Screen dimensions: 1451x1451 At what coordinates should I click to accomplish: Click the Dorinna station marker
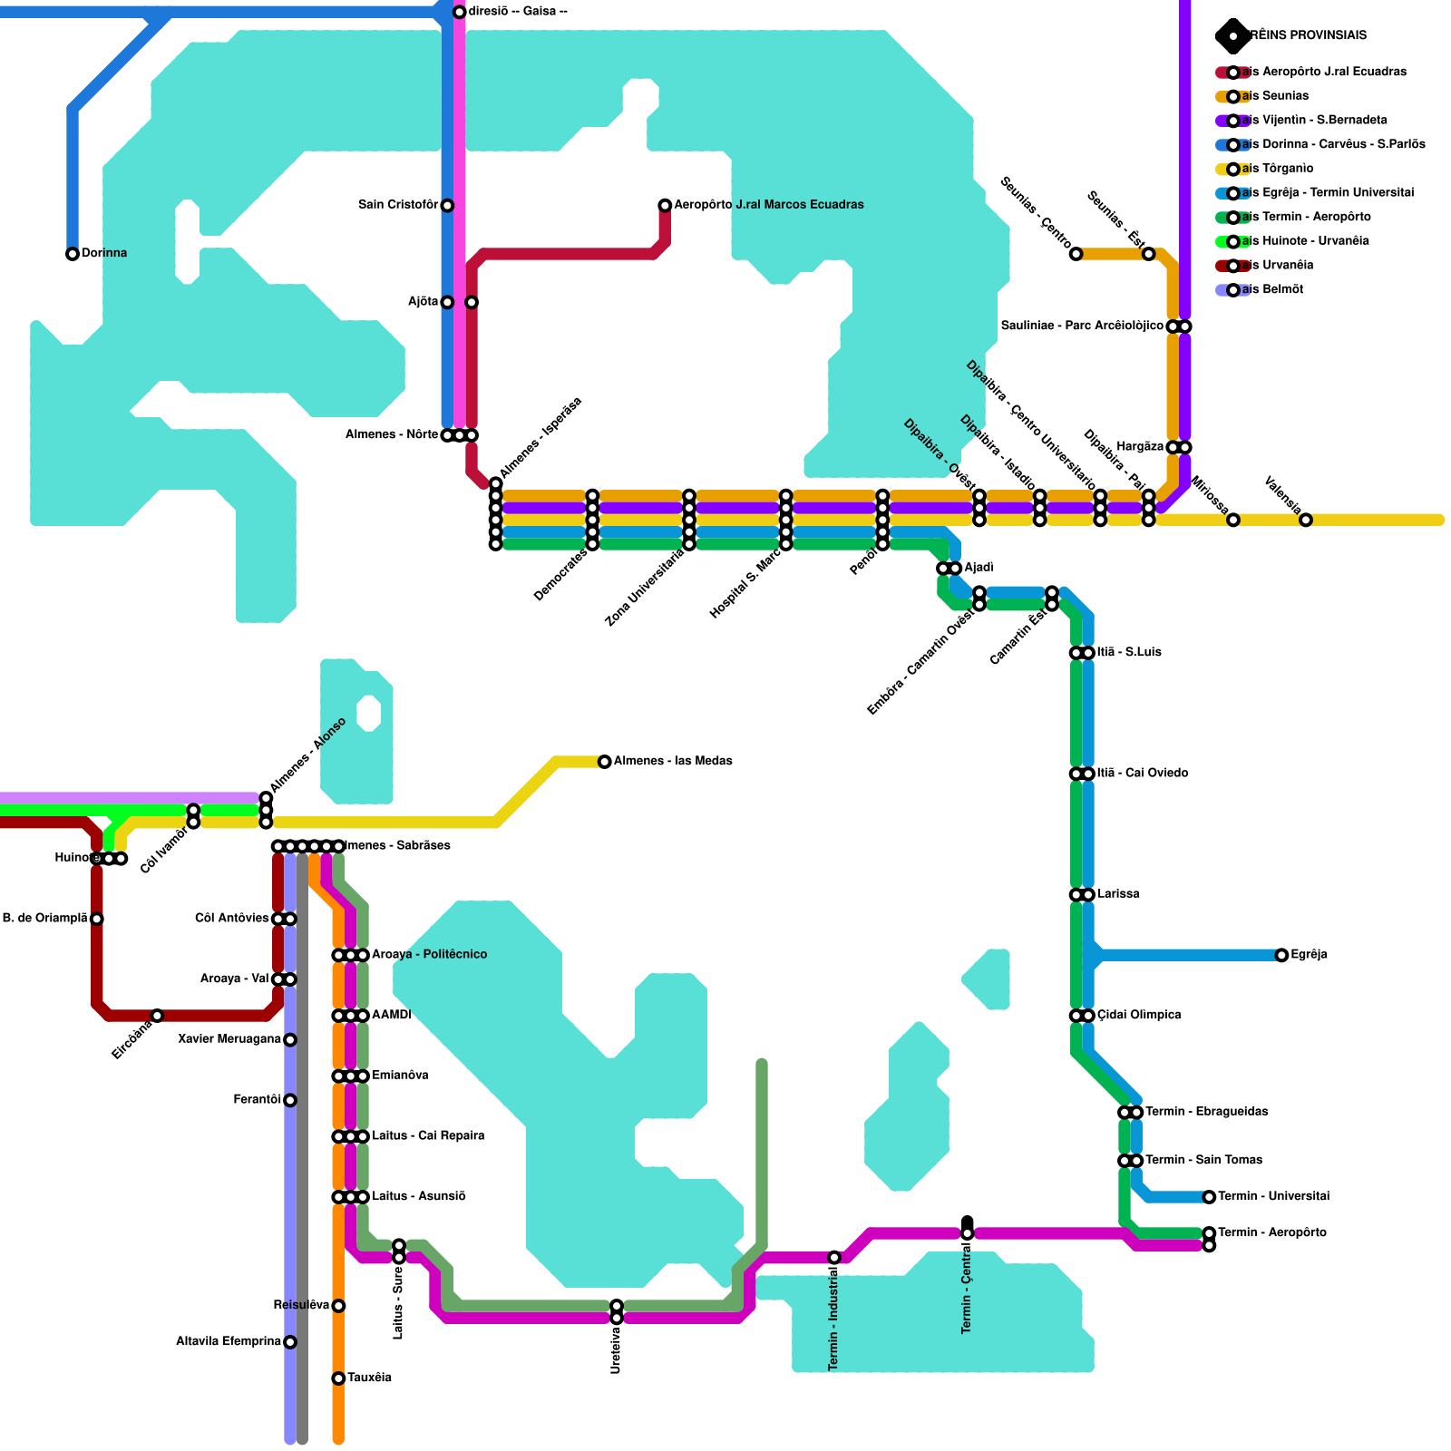tap(73, 254)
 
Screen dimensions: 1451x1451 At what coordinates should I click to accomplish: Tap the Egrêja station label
tap(1309, 955)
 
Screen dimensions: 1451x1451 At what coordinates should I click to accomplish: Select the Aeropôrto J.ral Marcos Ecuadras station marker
tap(665, 206)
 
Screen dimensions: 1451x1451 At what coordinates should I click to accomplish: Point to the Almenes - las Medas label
tap(673, 761)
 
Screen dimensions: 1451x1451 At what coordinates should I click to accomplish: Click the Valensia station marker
tap(1306, 521)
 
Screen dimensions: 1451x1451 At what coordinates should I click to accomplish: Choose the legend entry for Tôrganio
tap(1278, 169)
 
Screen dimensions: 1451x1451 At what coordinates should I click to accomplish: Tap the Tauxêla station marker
tap(338, 1378)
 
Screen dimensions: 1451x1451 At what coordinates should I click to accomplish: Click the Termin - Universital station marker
tap(1209, 1197)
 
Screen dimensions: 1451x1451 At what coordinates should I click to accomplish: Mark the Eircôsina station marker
tap(157, 1016)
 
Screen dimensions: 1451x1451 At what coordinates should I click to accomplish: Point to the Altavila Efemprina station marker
tap(290, 1342)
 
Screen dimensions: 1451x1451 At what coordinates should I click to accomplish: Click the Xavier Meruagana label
tap(229, 1039)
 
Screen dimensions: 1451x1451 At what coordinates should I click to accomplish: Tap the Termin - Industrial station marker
tap(834, 1258)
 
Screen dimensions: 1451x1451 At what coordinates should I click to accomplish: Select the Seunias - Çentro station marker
tap(1076, 254)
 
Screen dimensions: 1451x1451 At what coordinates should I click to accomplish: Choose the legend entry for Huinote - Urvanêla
tap(1305, 241)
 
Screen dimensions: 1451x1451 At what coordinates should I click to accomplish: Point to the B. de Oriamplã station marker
tap(97, 919)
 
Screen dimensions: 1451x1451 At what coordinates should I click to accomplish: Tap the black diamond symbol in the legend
tap(1232, 36)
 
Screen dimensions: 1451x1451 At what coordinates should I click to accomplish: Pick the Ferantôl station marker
tap(290, 1100)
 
